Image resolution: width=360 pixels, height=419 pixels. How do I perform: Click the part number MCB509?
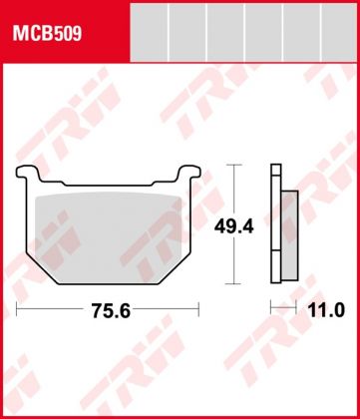(x=47, y=32)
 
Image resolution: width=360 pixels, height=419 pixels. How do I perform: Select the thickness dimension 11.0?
(x=326, y=311)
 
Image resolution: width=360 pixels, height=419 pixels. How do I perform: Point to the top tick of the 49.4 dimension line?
(x=233, y=165)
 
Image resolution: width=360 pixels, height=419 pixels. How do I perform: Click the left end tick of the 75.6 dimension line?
(x=17, y=311)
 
